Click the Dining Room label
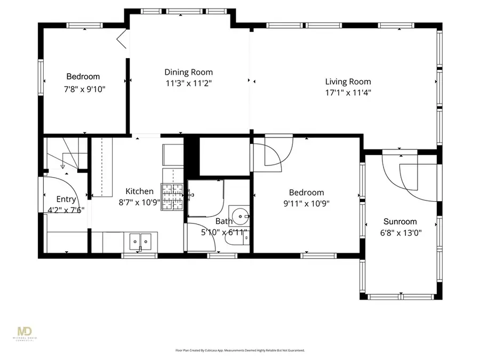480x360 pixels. tap(188, 72)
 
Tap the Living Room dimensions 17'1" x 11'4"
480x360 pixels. tap(348, 92)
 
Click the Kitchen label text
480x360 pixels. tap(139, 191)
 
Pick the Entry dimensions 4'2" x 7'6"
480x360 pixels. tap(62, 210)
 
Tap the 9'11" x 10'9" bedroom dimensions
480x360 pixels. tap(306, 203)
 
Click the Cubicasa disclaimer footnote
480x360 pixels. tap(240, 350)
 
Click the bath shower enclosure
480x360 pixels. tap(205, 198)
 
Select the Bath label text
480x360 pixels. tap(223, 221)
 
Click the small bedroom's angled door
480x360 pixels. tap(122, 39)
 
